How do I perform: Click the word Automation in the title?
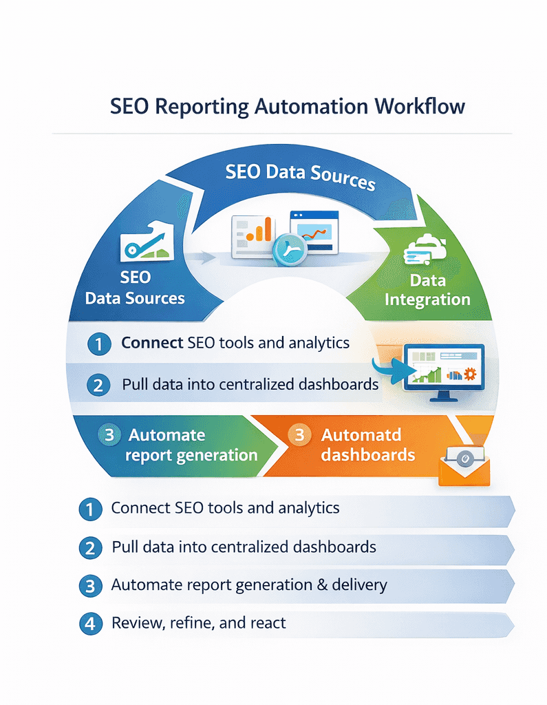(313, 107)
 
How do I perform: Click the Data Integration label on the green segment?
(427, 290)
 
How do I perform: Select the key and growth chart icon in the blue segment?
(145, 240)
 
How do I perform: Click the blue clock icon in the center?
(288, 250)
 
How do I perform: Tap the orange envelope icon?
(464, 465)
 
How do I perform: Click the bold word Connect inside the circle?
(151, 342)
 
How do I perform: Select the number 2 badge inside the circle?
(98, 384)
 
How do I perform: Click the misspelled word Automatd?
(361, 435)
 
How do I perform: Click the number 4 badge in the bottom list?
(90, 624)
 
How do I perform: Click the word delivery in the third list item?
(358, 585)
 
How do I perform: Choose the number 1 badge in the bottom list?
(90, 509)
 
